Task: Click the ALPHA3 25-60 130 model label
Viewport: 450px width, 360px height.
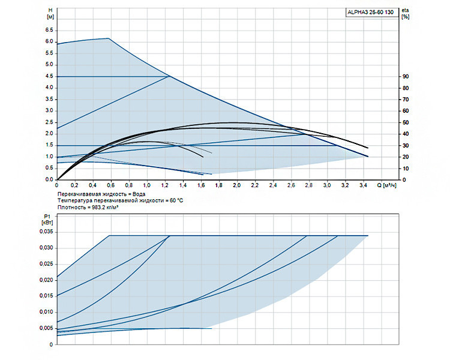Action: (370, 13)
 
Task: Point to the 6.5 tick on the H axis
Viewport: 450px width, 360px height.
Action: (49, 30)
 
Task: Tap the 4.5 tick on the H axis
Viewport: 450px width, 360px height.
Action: (49, 76)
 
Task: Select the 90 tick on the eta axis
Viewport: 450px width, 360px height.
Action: (406, 76)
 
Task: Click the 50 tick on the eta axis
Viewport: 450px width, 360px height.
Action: (406, 122)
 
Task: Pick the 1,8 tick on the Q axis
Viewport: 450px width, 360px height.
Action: (218, 185)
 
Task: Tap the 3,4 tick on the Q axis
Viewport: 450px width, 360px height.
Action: (363, 185)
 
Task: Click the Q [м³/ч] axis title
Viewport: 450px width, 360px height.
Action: (387, 185)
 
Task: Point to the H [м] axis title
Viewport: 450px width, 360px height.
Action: (50, 13)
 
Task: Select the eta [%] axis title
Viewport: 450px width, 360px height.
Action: (405, 13)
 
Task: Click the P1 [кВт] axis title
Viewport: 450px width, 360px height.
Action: (47, 220)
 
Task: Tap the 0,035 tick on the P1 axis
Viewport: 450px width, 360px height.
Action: (46, 232)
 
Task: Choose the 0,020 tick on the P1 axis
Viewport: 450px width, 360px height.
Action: (46, 280)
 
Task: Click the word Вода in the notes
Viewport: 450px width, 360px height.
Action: (139, 194)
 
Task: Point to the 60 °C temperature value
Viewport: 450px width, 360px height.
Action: (176, 200)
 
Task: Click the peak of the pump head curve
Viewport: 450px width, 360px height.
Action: (108, 38)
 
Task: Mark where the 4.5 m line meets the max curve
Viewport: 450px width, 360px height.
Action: (170, 76)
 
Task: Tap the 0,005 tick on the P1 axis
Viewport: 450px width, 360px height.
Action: (46, 328)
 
